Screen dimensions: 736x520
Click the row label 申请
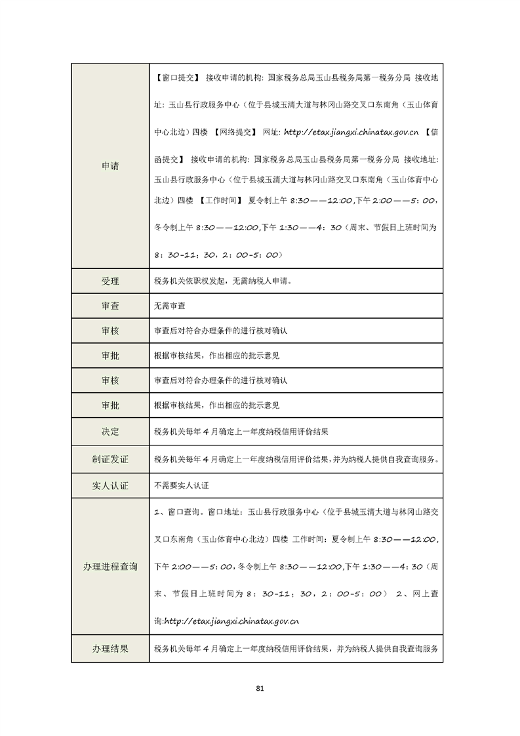110,166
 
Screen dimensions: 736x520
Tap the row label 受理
110,281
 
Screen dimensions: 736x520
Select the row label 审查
110,306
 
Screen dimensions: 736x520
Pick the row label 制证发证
110,459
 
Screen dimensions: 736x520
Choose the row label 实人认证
110,486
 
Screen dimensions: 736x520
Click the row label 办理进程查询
110,566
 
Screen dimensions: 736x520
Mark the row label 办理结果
110,648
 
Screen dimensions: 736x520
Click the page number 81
260,688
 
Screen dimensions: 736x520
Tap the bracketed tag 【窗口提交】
177,77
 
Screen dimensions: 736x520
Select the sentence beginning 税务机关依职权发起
222,281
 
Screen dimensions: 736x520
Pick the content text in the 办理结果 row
295,648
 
